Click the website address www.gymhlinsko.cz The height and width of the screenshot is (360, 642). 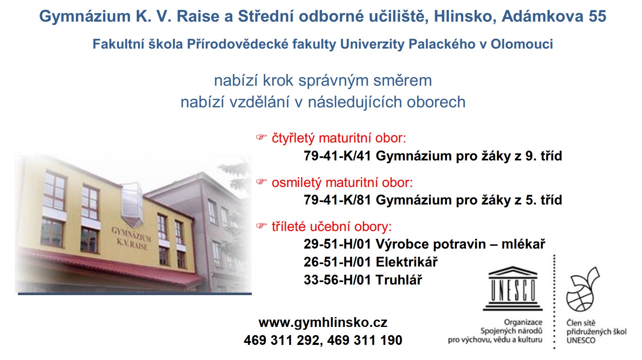tap(323, 323)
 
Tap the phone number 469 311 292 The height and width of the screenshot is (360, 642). tap(282, 340)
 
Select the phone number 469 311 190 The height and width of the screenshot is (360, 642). tap(364, 340)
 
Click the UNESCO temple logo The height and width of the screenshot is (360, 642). tap(513, 289)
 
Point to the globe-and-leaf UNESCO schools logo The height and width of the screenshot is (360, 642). tap(582, 289)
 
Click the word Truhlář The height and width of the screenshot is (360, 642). tap(399, 280)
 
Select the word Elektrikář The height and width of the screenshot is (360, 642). tap(407, 262)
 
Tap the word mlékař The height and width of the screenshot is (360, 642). tap(523, 244)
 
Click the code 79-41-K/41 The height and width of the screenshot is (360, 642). tap(338, 156)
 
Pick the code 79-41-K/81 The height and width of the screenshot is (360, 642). tap(338, 200)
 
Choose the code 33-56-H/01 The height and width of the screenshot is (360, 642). tap(338, 280)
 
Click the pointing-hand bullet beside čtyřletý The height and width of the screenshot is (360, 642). tap(261, 137)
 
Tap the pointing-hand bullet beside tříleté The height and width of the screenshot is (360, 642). tap(261, 226)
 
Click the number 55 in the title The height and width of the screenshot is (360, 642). tap(598, 16)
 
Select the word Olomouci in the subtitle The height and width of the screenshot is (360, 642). tap(522, 44)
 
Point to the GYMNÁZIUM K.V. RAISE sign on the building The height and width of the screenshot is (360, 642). tap(131, 238)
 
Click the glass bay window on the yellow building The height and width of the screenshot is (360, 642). tap(132, 205)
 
